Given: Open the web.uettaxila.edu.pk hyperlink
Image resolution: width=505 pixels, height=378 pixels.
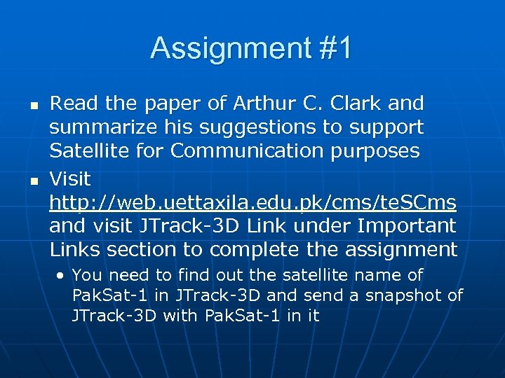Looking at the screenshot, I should [x=252, y=202].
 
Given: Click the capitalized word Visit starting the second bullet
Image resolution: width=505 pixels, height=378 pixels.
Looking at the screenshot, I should [x=69, y=178].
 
